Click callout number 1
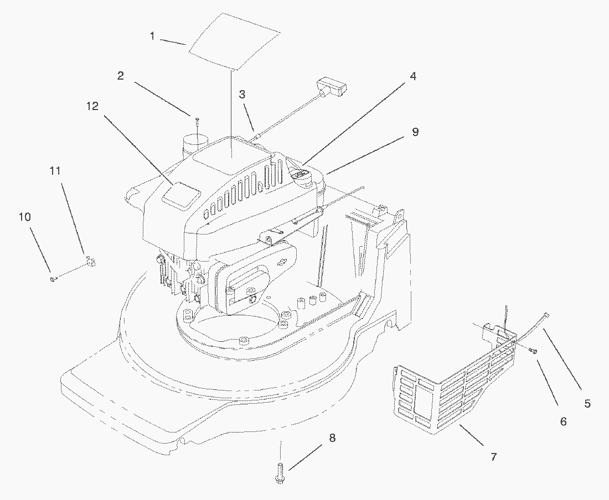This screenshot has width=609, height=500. click(153, 36)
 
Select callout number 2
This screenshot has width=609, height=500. click(121, 75)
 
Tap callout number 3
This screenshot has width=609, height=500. click(242, 94)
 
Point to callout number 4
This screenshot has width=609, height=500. click(413, 76)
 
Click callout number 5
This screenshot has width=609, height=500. click(587, 403)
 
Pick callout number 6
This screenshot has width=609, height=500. click(564, 421)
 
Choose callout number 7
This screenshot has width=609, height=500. click(493, 457)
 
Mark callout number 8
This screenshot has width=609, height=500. click(332, 438)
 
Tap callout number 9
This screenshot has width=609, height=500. click(415, 132)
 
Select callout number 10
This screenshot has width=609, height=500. click(24, 217)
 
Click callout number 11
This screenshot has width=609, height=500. click(55, 170)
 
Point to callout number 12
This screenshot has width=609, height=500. click(92, 106)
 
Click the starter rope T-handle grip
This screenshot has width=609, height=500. click(332, 86)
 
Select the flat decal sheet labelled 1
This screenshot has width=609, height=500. click(234, 41)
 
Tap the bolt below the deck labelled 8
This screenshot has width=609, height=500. click(280, 473)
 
